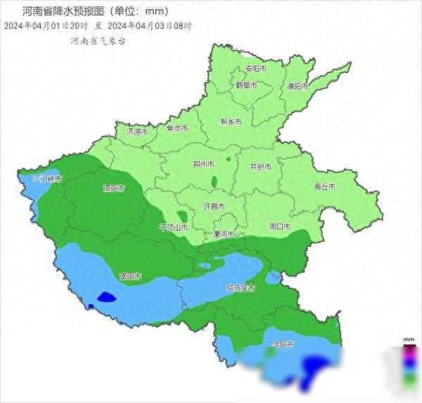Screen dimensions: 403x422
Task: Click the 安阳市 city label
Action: (x=255, y=70)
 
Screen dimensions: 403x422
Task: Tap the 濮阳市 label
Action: (x=298, y=87)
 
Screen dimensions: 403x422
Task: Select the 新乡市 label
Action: (x=231, y=121)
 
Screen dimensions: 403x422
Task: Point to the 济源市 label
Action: (x=137, y=132)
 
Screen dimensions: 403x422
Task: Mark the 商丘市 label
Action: (x=324, y=186)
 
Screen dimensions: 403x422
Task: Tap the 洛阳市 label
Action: (x=114, y=188)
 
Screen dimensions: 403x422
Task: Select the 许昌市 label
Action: (x=213, y=207)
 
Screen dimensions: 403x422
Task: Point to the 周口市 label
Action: (x=280, y=226)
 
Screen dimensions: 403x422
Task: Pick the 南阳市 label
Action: (x=132, y=276)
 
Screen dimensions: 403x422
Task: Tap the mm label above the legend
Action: (x=409, y=340)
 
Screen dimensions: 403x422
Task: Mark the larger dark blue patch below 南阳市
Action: (x=105, y=297)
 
